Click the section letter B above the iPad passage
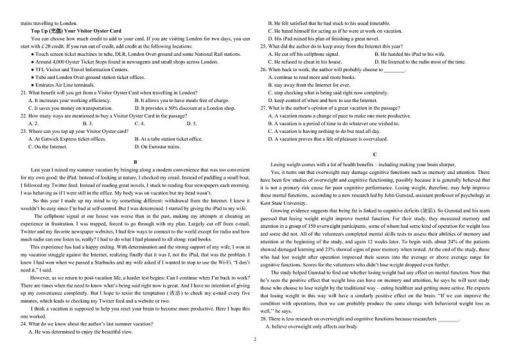click(x=135, y=162)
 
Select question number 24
click(x=24, y=324)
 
